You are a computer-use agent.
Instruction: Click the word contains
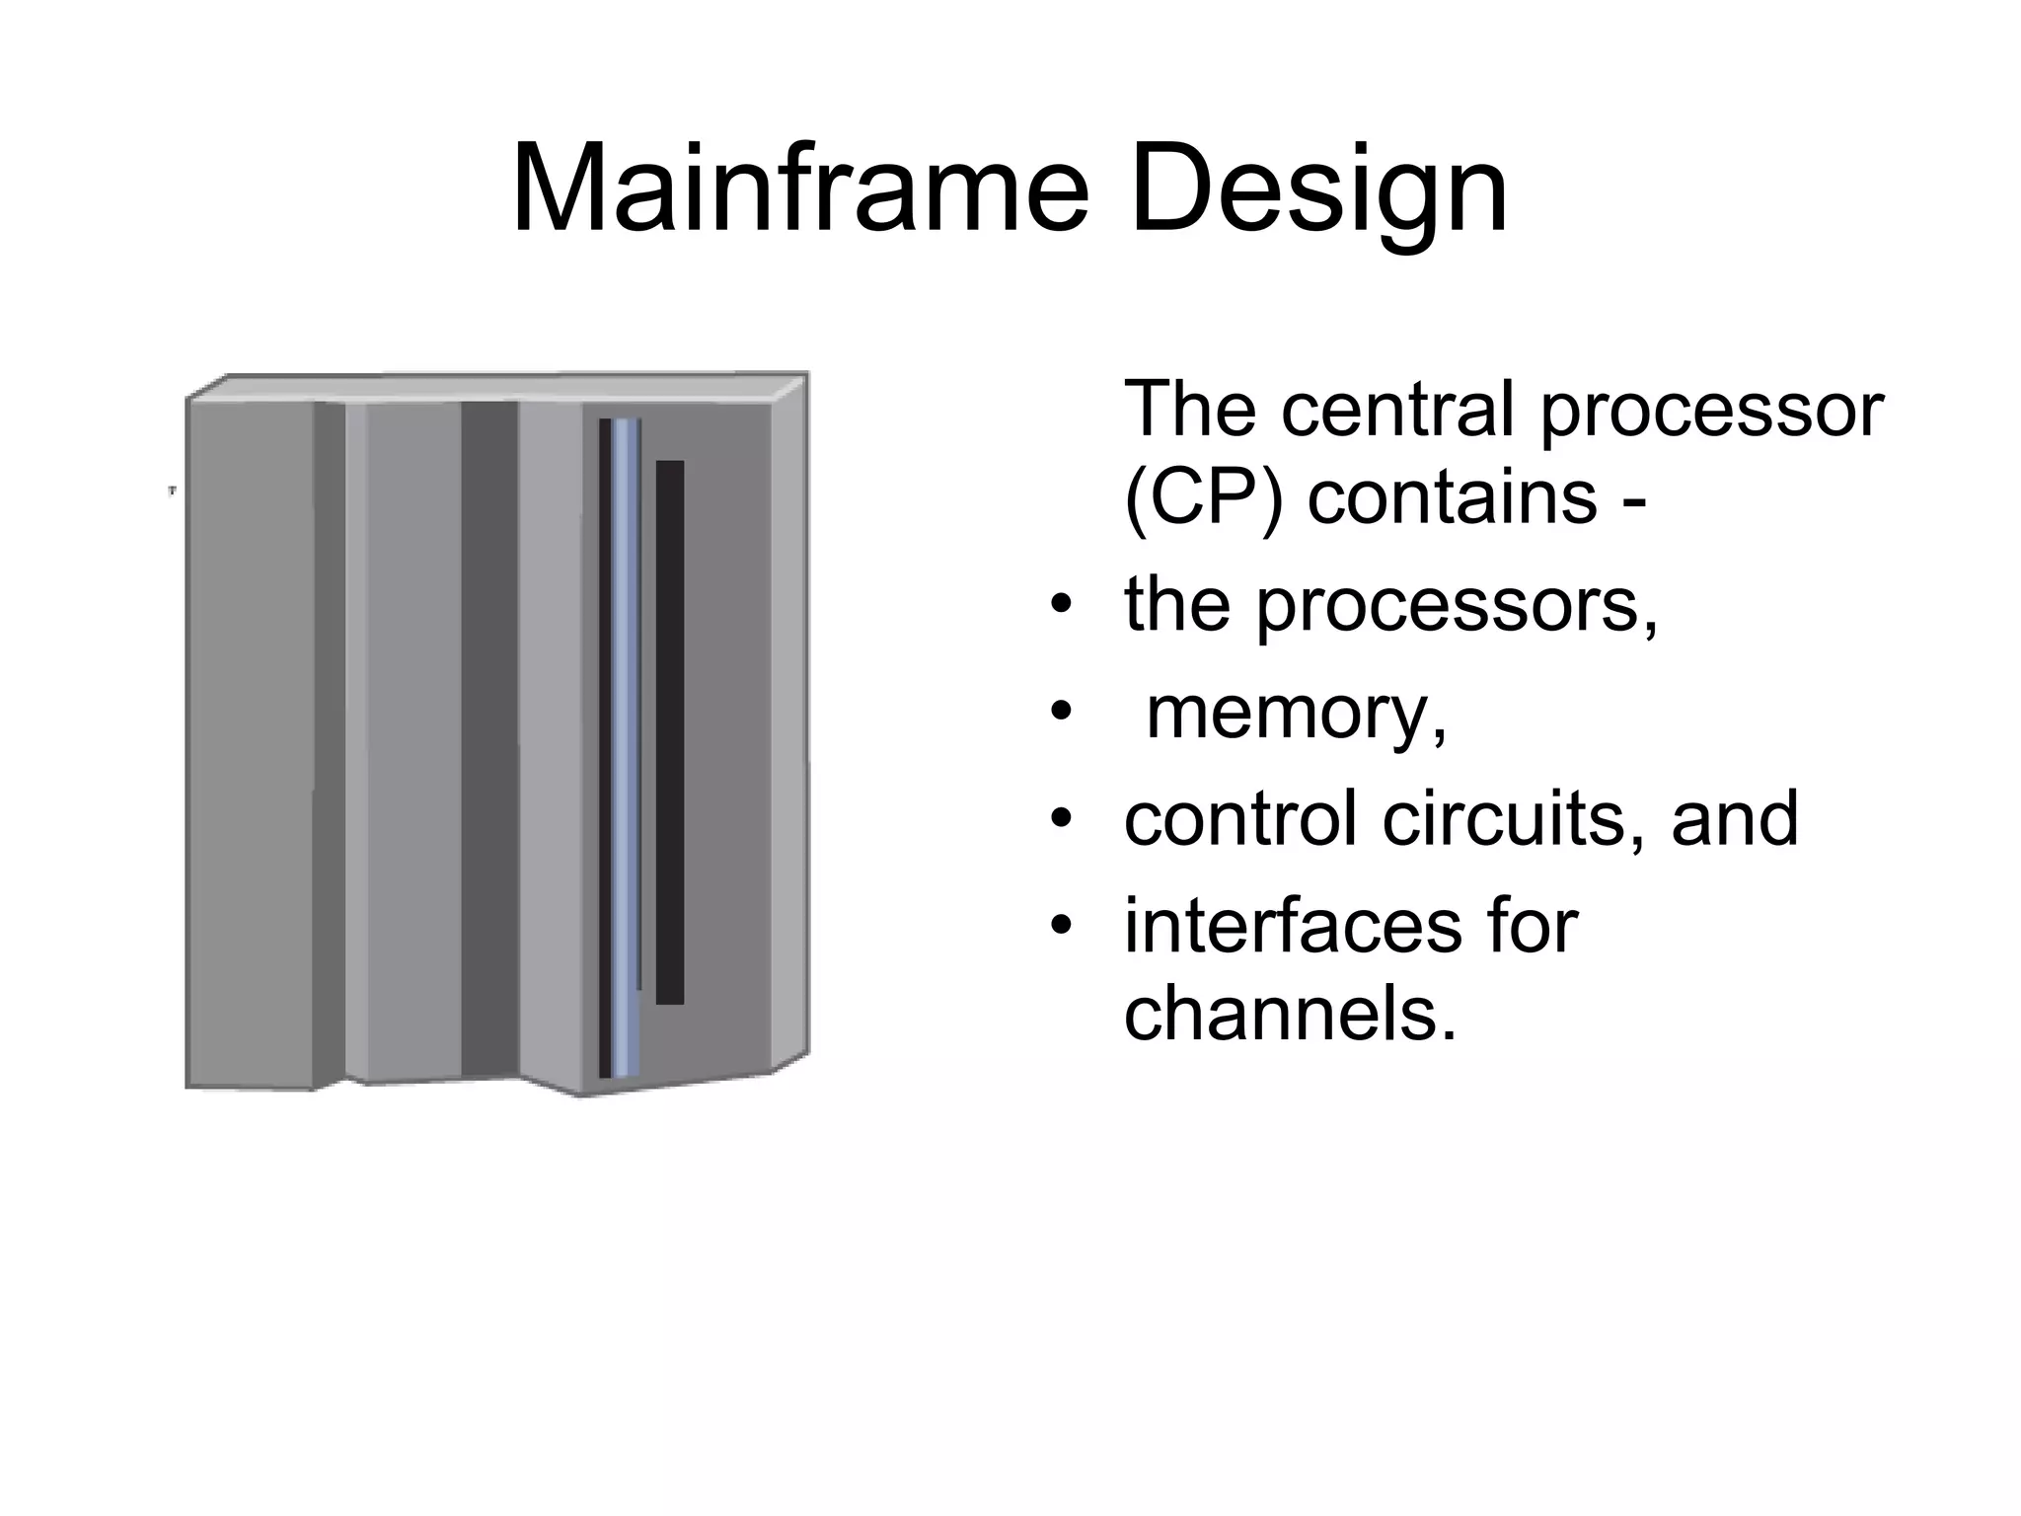click(1452, 496)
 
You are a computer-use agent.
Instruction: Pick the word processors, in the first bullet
click(1457, 608)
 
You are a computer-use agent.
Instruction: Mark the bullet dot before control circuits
click(1061, 819)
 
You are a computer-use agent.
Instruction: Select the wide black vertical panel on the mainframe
click(670, 731)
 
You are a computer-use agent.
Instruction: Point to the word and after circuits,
click(1735, 818)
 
